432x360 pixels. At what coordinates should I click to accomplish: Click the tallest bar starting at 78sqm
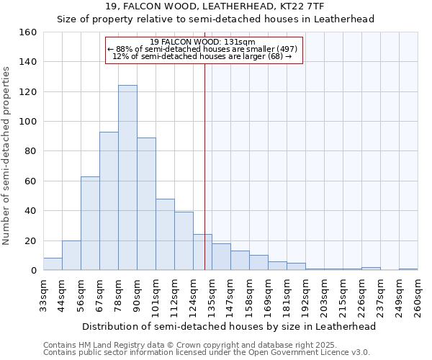click(127, 178)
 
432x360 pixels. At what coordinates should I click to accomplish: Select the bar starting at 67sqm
click(109, 201)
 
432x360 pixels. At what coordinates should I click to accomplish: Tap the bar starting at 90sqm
click(146, 204)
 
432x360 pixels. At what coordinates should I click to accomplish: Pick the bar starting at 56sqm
click(90, 223)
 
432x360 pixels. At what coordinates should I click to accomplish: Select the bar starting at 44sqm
click(71, 256)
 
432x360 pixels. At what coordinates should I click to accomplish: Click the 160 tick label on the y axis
click(27, 32)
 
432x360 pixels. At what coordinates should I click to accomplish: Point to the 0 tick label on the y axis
click(33, 271)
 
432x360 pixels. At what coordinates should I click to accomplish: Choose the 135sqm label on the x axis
click(212, 297)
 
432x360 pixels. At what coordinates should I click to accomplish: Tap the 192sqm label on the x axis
click(306, 297)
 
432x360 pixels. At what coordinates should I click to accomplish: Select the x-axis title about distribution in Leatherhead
click(229, 326)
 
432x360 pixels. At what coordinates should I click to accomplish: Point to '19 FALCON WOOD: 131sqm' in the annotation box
click(204, 42)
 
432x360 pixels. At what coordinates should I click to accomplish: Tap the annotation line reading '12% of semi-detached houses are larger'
click(202, 56)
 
